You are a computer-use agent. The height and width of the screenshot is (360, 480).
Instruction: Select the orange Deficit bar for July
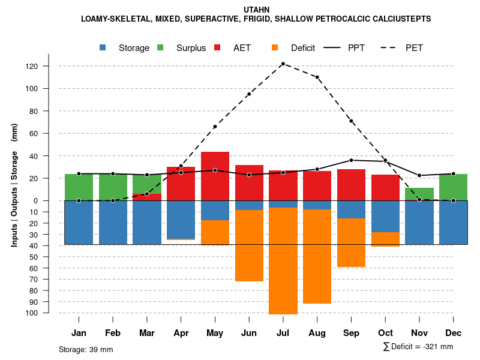(283, 260)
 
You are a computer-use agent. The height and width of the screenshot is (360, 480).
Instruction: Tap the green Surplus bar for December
(453, 187)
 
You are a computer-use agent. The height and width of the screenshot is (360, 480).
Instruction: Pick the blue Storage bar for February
(113, 222)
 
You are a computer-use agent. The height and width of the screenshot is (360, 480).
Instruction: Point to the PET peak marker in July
(283, 64)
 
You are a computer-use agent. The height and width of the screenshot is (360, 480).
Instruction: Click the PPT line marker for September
(351, 160)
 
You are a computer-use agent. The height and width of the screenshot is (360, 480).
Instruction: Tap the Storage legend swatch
(104, 48)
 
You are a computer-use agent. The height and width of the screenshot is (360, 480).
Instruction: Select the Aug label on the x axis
(317, 333)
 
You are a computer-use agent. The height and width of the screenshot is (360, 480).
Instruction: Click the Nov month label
(419, 333)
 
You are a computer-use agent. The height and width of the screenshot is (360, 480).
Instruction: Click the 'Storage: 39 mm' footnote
(86, 349)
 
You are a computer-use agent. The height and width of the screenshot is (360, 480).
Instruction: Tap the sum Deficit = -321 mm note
(418, 346)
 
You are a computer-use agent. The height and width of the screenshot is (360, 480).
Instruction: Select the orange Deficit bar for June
(249, 245)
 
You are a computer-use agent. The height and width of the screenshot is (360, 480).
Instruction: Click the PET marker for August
(317, 77)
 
